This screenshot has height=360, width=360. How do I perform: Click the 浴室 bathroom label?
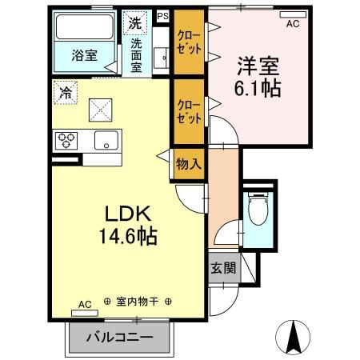click(84, 55)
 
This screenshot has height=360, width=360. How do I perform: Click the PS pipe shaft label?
click(163, 15)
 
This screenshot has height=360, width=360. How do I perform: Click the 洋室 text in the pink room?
click(258, 64)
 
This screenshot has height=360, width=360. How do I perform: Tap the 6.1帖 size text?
click(258, 88)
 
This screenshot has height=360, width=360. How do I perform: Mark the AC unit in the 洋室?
click(294, 14)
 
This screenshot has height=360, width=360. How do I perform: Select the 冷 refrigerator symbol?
click(64, 93)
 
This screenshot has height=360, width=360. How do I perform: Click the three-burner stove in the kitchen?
click(66, 141)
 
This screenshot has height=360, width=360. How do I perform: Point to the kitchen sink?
click(105, 142)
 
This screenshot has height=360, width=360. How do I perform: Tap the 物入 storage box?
click(188, 164)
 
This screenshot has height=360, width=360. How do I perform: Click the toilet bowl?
click(258, 212)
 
